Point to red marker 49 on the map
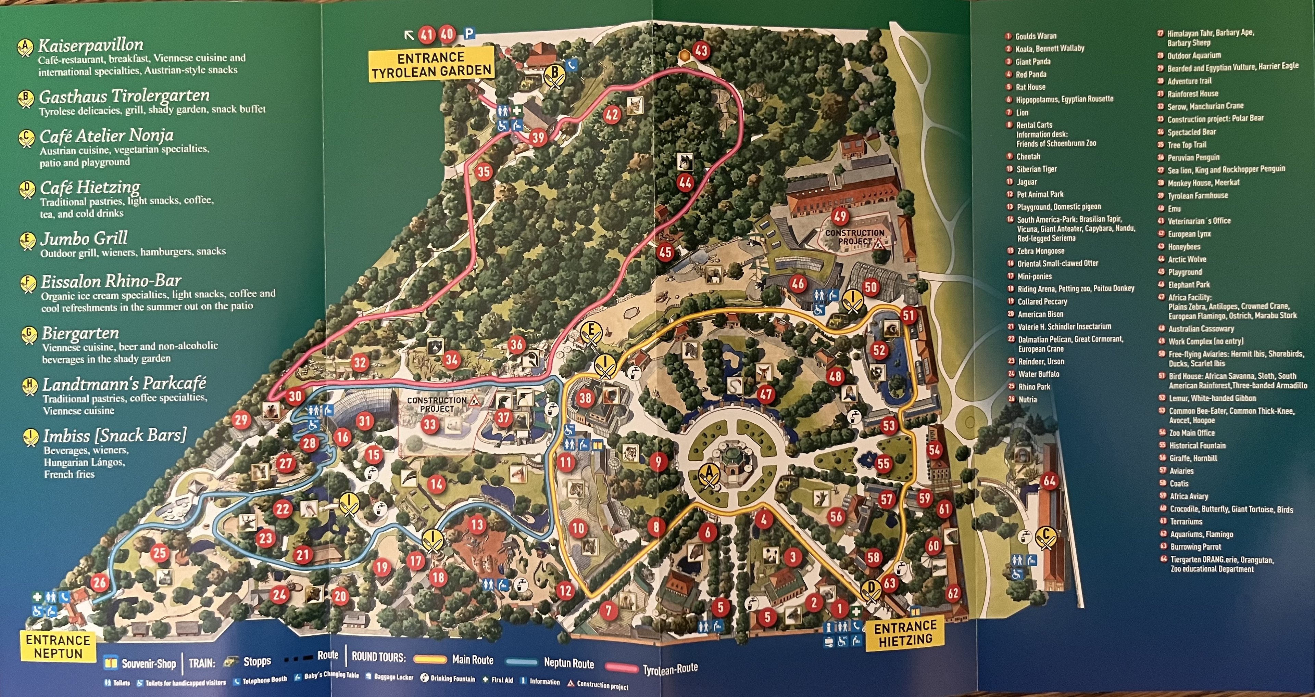point(840,216)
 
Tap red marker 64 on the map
point(1049,481)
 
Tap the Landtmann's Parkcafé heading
point(124,384)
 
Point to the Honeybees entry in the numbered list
point(1184,246)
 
